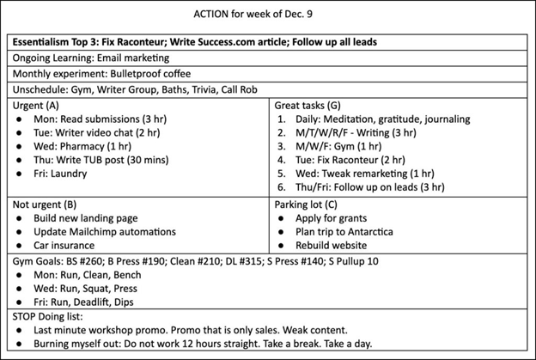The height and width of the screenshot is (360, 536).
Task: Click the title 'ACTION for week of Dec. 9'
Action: point(268,14)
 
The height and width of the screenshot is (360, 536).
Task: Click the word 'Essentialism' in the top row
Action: point(45,41)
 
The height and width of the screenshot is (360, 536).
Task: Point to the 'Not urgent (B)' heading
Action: point(46,204)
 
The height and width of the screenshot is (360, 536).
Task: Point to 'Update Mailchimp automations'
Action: point(104,231)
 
